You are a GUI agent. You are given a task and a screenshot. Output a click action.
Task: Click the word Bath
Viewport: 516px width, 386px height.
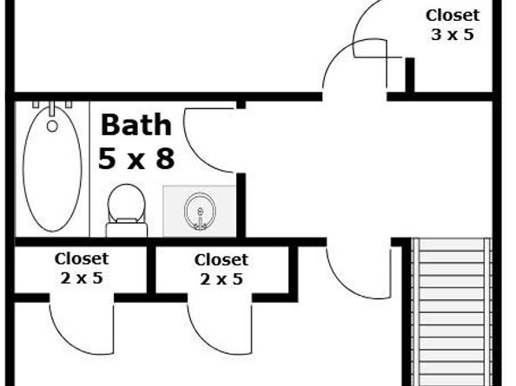(x=136, y=125)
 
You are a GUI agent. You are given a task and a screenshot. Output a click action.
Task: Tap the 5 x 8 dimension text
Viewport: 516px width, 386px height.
(x=136, y=158)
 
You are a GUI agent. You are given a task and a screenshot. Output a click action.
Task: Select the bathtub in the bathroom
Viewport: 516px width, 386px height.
(x=52, y=168)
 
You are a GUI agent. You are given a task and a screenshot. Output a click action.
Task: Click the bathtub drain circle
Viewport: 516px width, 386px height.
(x=52, y=126)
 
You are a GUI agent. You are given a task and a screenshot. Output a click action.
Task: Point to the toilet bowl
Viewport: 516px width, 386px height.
(x=126, y=203)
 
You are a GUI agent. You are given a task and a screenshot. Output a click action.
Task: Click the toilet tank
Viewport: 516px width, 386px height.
(x=127, y=229)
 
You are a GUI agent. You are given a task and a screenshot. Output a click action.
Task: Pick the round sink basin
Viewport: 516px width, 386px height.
(x=200, y=211)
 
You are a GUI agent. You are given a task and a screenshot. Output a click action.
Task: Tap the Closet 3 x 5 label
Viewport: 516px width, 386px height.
(x=453, y=25)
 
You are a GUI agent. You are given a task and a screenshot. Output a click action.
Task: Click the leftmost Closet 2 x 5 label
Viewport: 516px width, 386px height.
(x=82, y=268)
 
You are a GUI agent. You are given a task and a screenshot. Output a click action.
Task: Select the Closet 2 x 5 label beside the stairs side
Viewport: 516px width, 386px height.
(x=222, y=270)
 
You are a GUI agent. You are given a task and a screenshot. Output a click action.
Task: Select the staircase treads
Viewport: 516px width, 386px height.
(x=452, y=312)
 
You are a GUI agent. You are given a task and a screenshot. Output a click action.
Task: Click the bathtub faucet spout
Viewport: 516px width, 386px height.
(x=52, y=108)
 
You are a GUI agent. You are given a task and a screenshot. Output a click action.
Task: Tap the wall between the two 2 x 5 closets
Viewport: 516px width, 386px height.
(x=151, y=270)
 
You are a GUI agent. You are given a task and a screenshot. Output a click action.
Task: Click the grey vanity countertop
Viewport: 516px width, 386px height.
(x=200, y=211)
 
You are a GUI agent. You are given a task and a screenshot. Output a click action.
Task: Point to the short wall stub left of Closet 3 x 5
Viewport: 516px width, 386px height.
(x=410, y=75)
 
